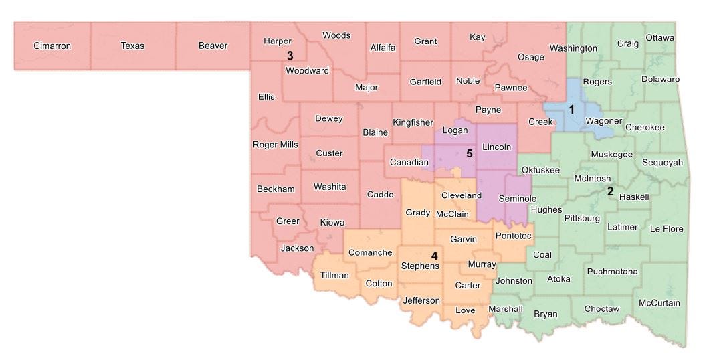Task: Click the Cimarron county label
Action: click(x=52, y=46)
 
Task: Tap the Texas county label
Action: click(x=132, y=46)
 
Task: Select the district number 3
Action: click(x=290, y=55)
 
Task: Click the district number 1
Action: click(x=571, y=109)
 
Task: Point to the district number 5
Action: click(x=470, y=153)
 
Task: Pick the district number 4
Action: click(x=434, y=255)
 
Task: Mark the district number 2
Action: click(x=609, y=191)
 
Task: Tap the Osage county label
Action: click(x=531, y=57)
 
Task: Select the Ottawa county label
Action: click(x=659, y=38)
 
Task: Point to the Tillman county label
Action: click(x=334, y=275)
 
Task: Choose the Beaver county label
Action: click(x=213, y=46)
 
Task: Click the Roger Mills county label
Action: click(x=275, y=145)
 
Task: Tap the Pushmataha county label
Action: click(x=612, y=271)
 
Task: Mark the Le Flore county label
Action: click(x=666, y=229)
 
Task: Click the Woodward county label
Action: click(x=307, y=70)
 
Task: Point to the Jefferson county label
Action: click(x=421, y=300)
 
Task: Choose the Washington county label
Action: click(x=573, y=48)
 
